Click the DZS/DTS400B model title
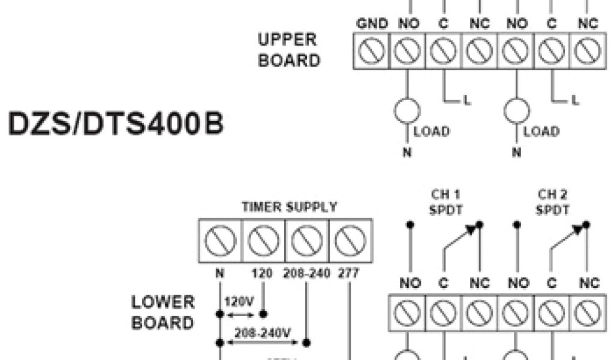(x=116, y=125)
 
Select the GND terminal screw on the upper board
(x=372, y=52)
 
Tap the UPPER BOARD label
(x=288, y=50)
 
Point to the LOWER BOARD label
(x=163, y=313)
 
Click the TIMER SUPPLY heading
(x=289, y=207)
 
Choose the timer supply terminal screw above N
(x=220, y=240)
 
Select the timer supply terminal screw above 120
(x=263, y=240)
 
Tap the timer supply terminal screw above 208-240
(x=306, y=240)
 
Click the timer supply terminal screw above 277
(x=350, y=240)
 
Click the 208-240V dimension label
(x=262, y=332)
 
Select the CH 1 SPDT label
(x=444, y=202)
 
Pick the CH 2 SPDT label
(x=552, y=202)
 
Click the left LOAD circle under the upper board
(x=407, y=111)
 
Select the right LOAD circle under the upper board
(x=516, y=111)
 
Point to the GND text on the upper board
(x=372, y=25)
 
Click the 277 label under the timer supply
(x=349, y=274)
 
